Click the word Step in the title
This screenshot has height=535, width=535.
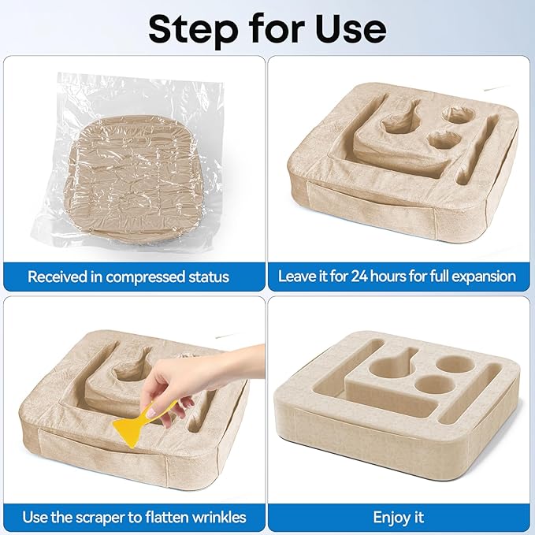tap(194, 29)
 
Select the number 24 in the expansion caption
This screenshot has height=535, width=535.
tap(359, 277)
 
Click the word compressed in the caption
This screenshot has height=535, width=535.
tap(146, 277)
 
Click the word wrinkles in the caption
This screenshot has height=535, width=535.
tap(219, 517)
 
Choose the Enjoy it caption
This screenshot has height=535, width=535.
tap(398, 518)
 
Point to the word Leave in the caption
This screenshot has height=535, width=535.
tap(297, 277)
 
